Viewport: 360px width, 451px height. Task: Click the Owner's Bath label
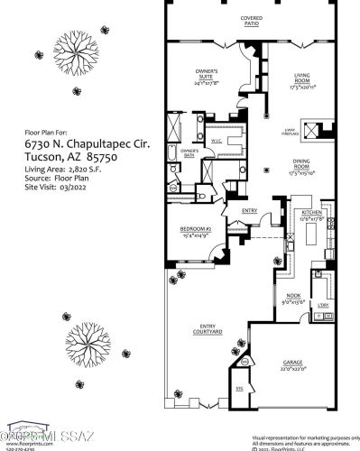coord(189,152)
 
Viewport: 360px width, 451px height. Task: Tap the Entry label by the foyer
coord(251,211)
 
